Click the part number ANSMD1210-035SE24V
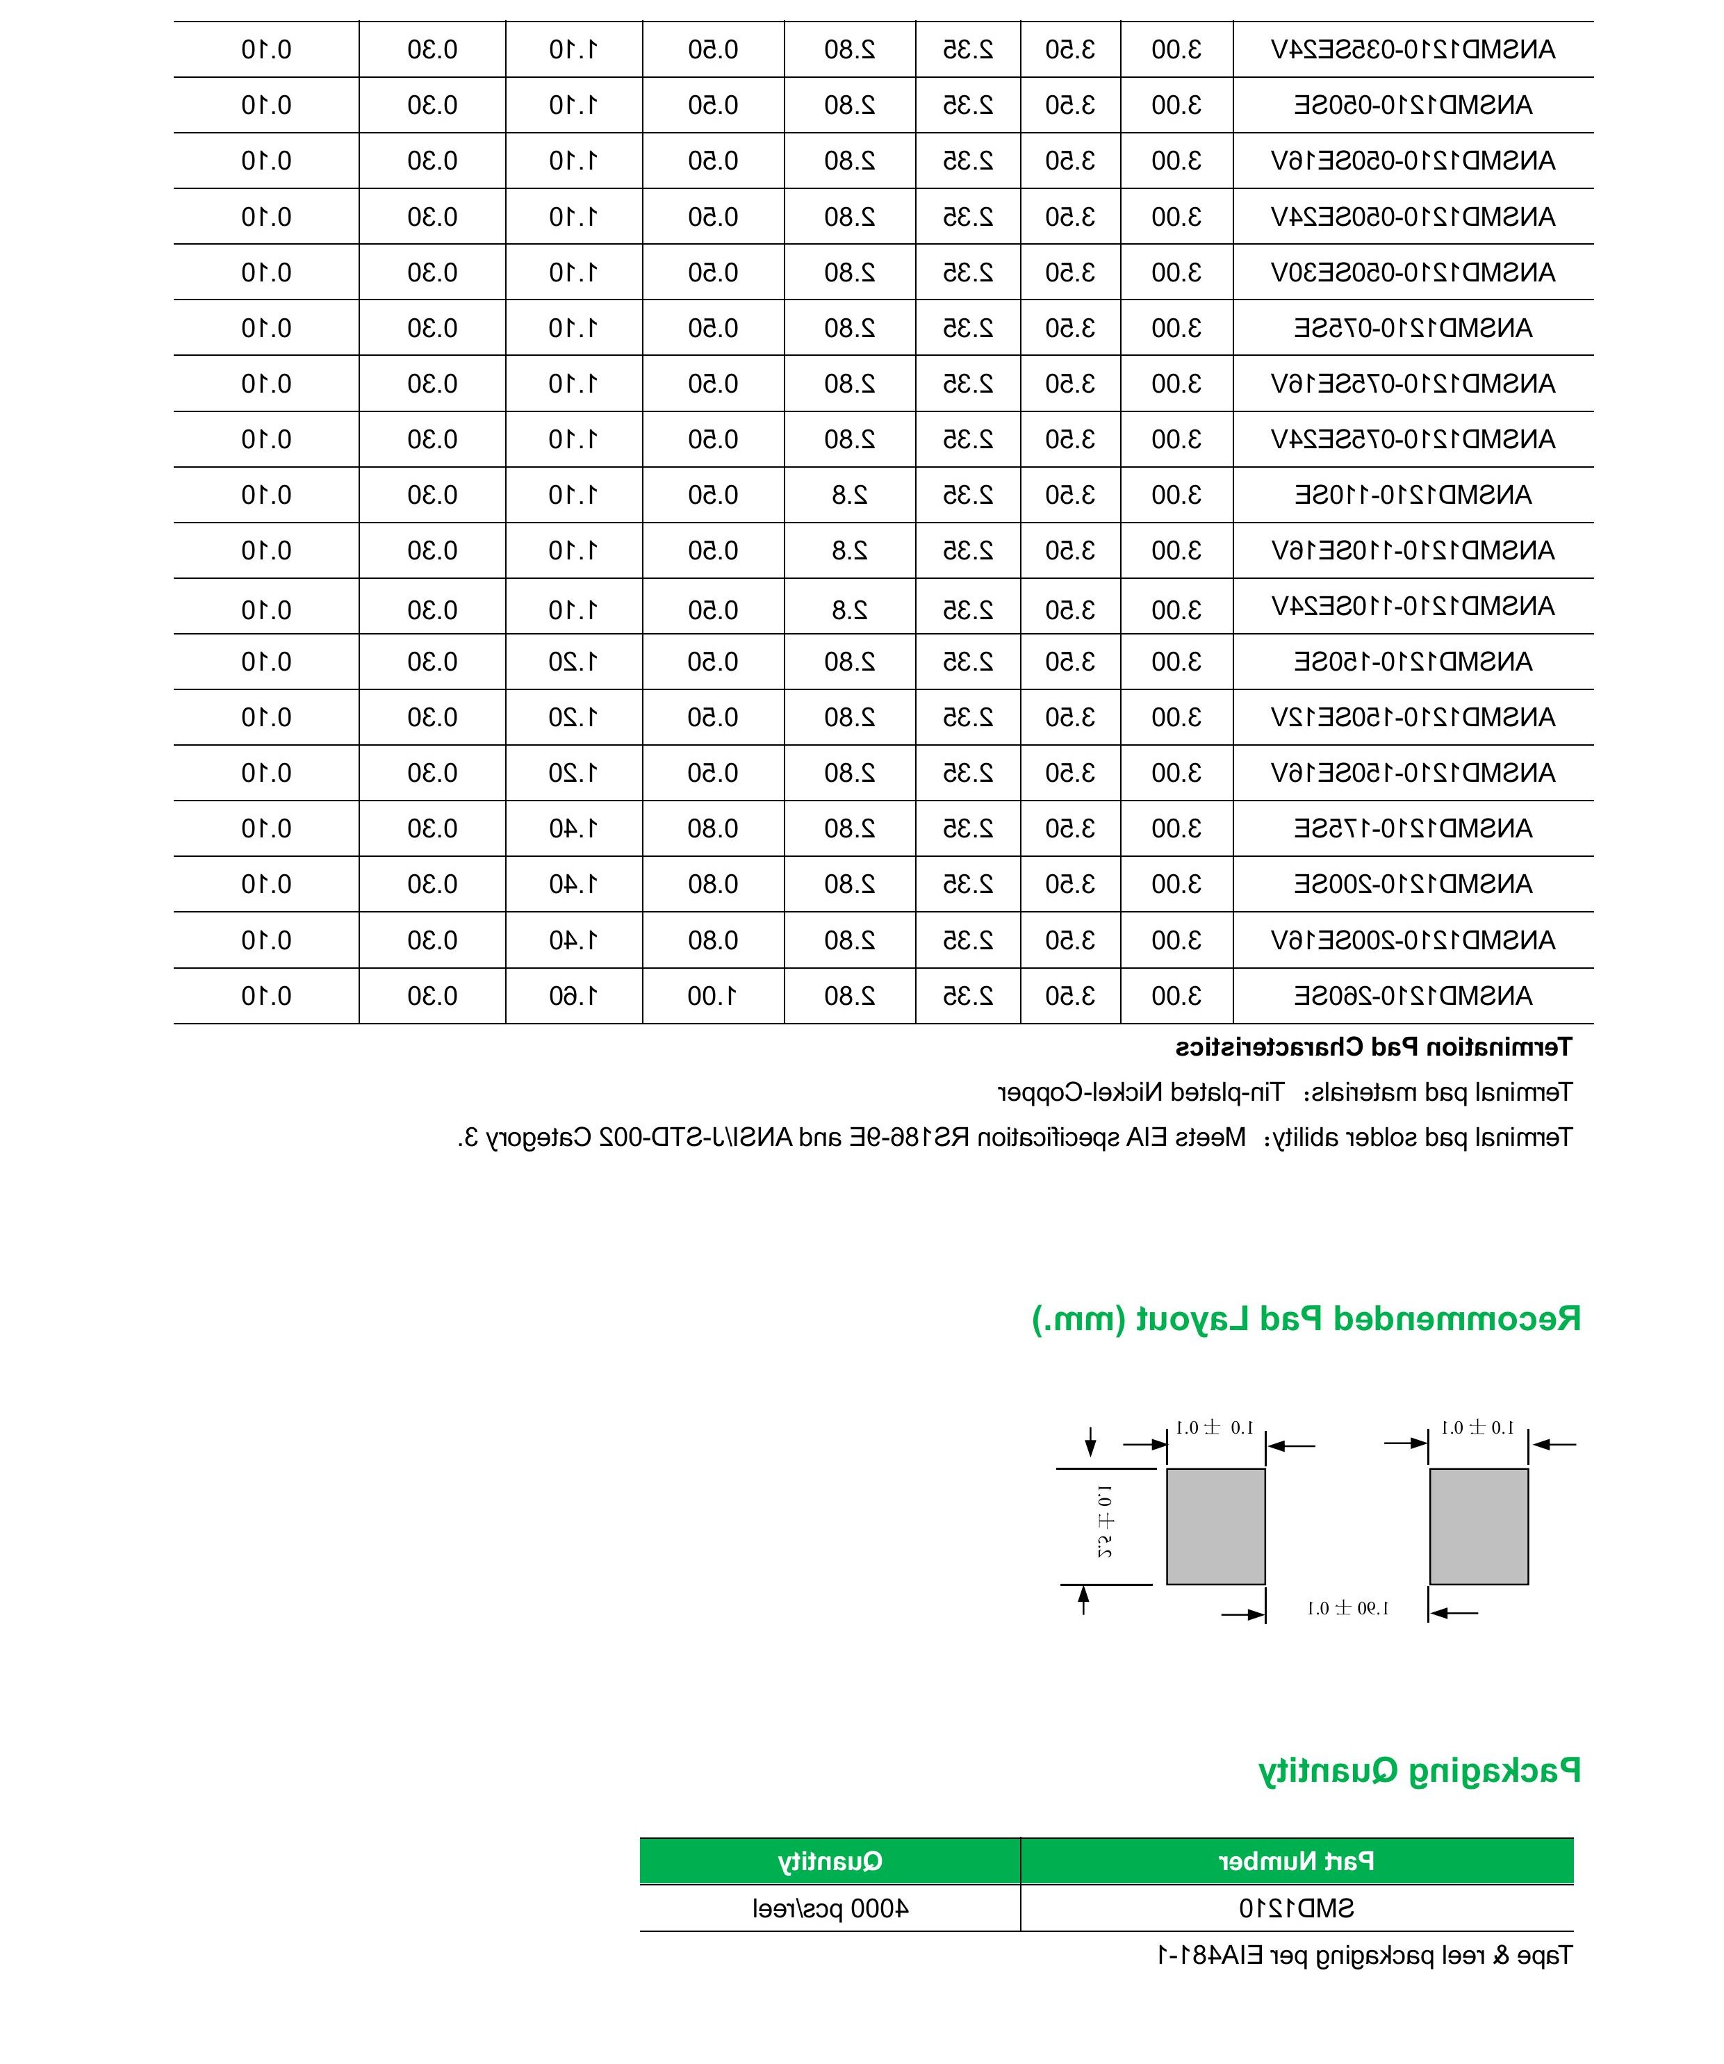coord(1413,49)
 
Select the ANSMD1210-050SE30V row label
coord(1413,272)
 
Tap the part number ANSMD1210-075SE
coord(1413,327)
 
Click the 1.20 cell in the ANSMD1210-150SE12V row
coord(573,717)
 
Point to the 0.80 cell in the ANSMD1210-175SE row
coord(712,828)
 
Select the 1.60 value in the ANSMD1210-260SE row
coord(573,996)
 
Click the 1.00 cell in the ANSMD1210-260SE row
coord(712,996)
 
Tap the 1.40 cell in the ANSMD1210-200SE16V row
coord(573,940)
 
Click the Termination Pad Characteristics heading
coord(1373,1048)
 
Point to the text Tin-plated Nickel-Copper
coord(1140,1092)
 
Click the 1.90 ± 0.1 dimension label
coord(1347,1608)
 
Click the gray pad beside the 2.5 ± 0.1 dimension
coord(1215,1526)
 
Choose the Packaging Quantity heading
coord(1420,1770)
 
